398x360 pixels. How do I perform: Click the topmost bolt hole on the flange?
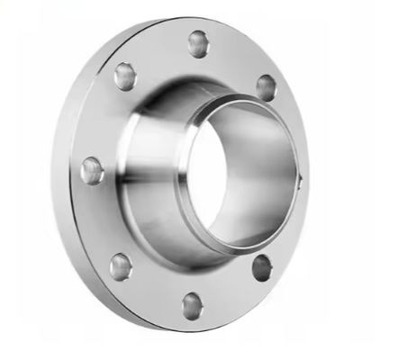tap(198, 42)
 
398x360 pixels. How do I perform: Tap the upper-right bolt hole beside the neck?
tap(266, 86)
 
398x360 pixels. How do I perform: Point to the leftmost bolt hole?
tap(91, 170)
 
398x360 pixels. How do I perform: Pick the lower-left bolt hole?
tap(120, 265)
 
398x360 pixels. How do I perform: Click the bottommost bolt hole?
tap(193, 306)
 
